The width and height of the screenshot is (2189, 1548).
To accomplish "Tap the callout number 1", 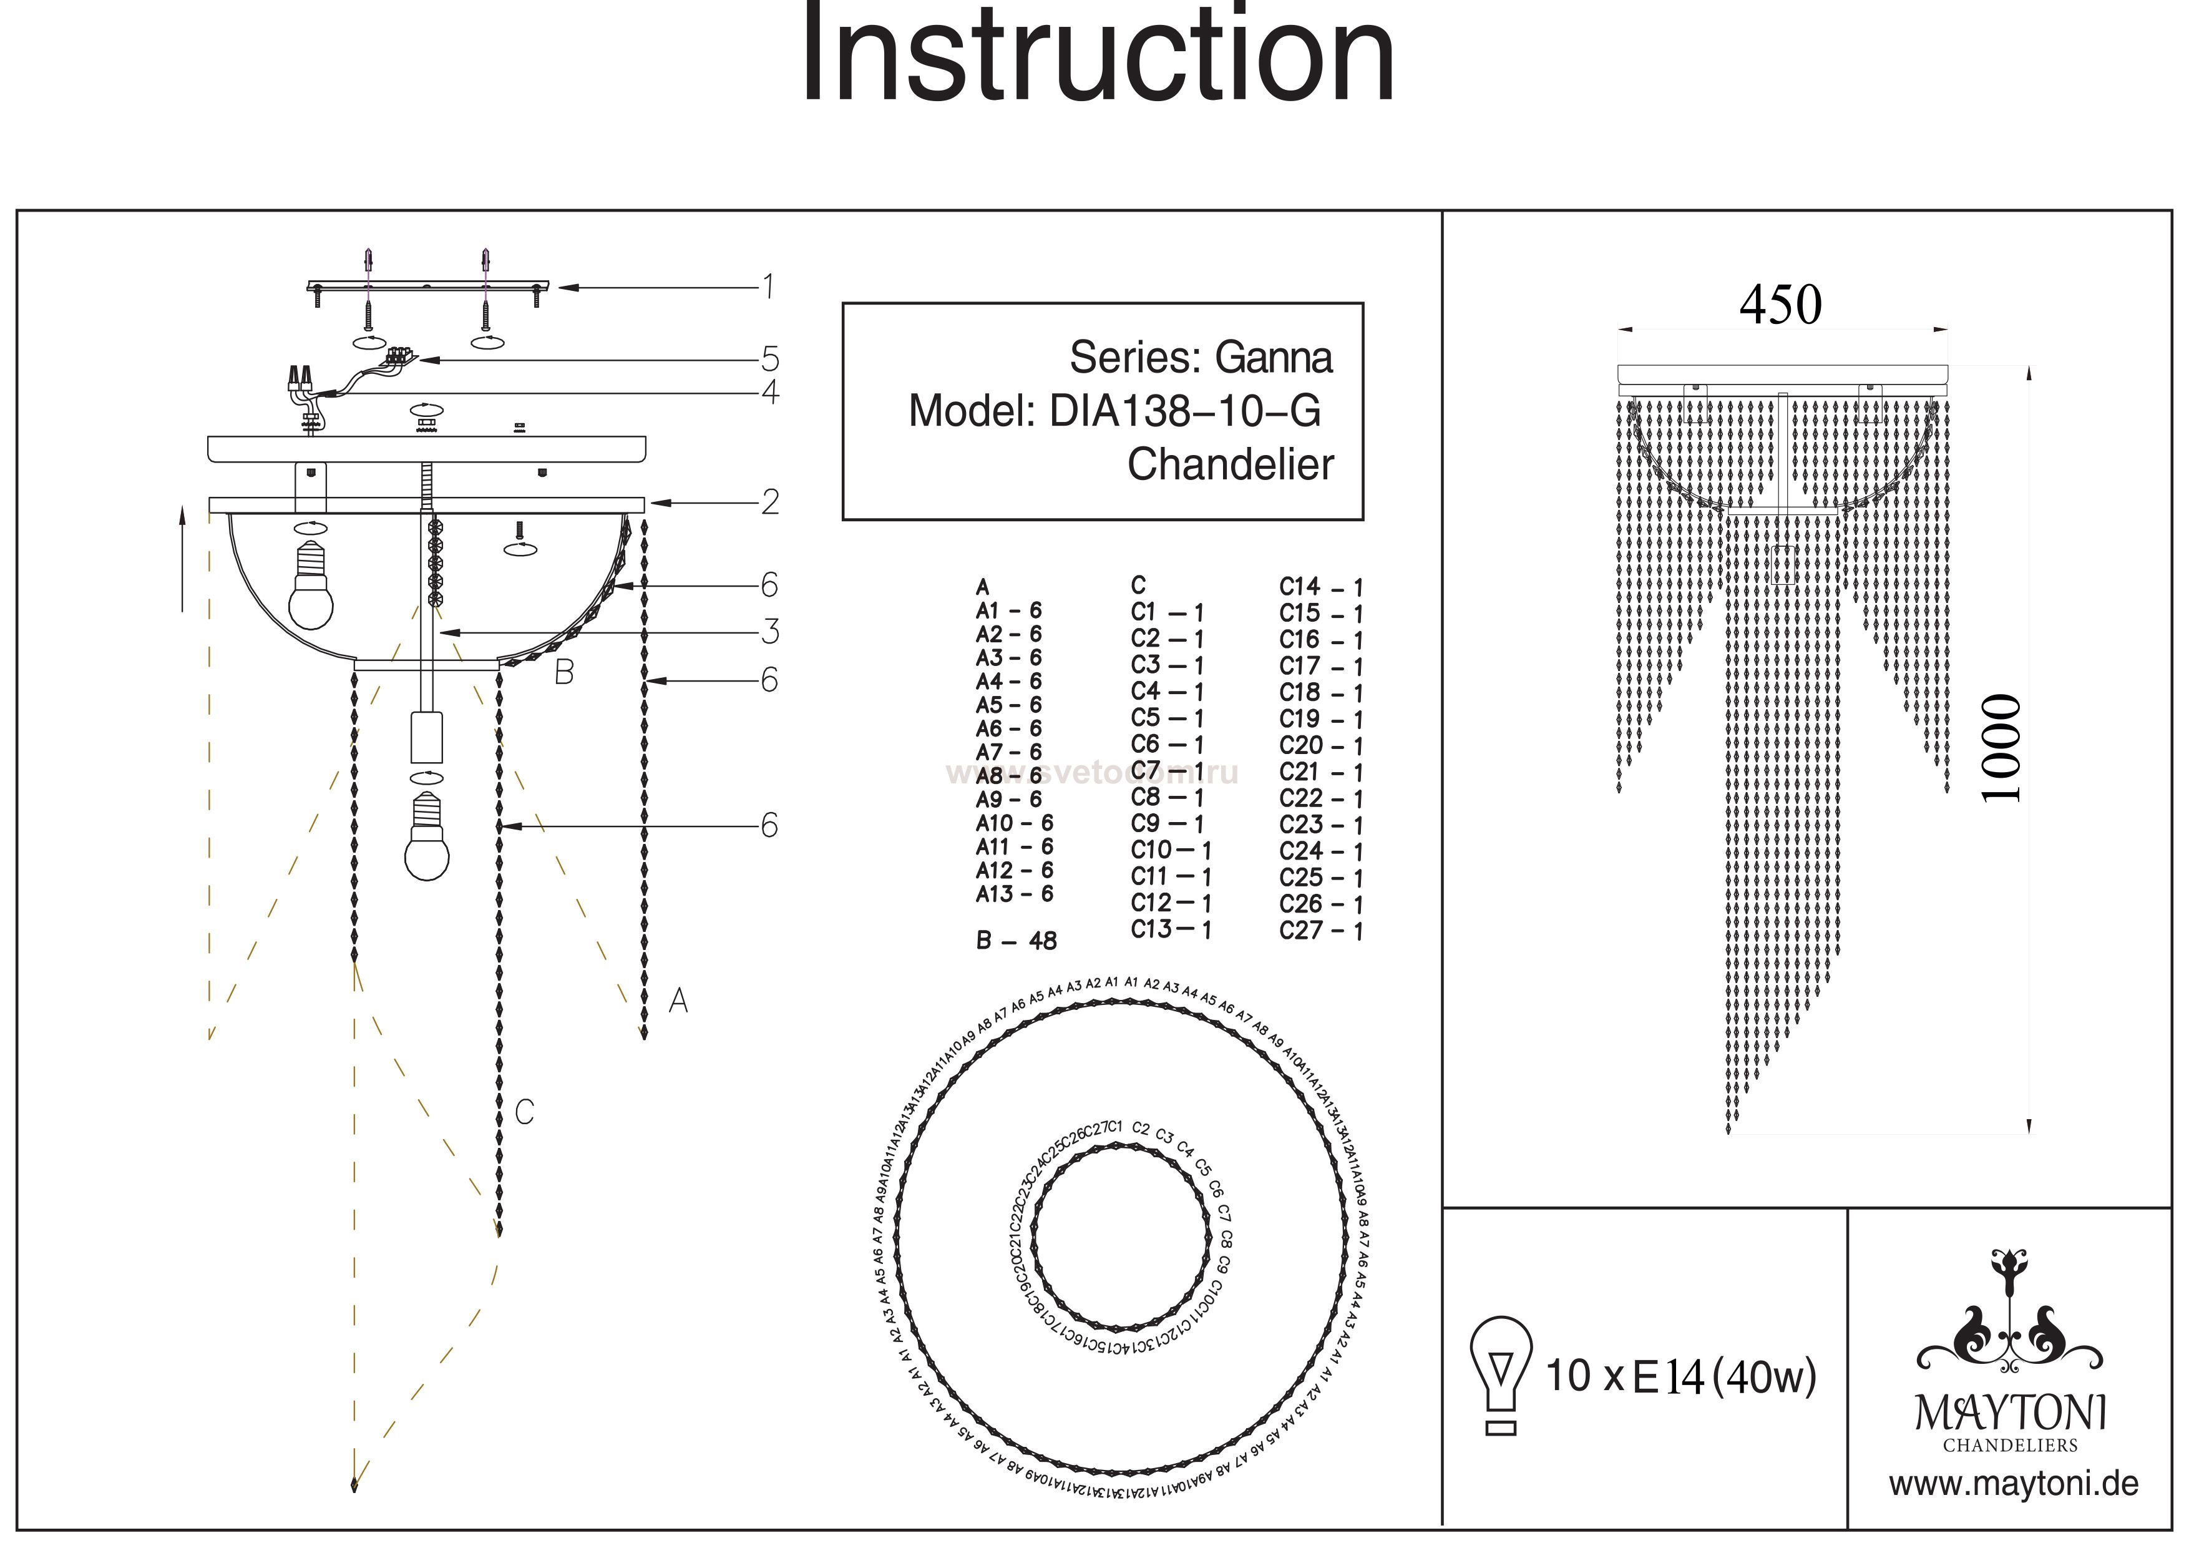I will (768, 285).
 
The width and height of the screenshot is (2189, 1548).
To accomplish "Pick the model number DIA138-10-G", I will (1185, 411).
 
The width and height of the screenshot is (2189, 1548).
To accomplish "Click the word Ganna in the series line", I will (1274, 358).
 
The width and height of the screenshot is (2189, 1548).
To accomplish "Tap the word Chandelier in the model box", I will (1230, 464).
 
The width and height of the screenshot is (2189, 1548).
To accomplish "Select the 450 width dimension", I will (1780, 305).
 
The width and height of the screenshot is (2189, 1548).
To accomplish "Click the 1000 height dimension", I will (2000, 749).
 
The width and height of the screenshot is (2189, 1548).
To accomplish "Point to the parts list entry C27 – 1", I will (1320, 930).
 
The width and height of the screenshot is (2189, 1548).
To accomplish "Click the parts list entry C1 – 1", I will (1167, 612).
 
